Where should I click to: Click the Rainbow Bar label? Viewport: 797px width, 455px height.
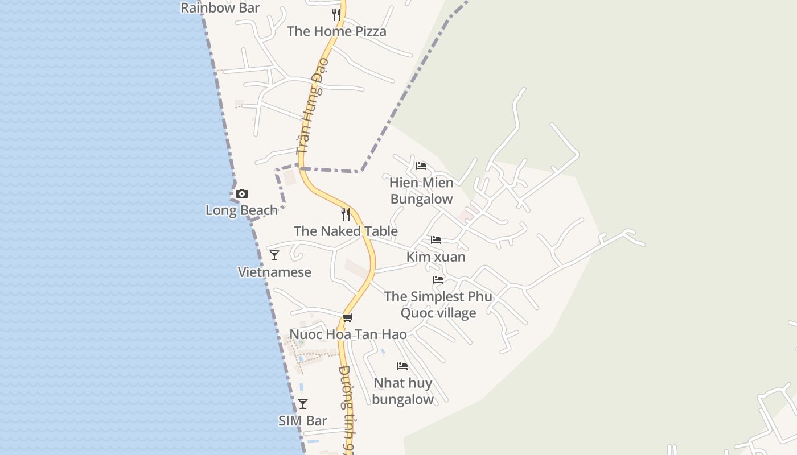220,8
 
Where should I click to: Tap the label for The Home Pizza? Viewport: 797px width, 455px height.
336,31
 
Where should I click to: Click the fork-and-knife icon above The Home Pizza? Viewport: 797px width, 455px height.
337,15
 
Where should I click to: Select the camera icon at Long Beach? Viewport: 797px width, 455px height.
242,194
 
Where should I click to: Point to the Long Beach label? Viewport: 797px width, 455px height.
241,210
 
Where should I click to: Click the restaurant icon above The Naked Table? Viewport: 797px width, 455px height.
346,214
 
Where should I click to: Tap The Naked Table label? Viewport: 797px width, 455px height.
346,231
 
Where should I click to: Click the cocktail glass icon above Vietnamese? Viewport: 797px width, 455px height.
274,255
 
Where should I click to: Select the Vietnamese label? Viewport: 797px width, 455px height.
274,272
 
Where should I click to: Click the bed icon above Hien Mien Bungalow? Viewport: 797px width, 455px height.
421,166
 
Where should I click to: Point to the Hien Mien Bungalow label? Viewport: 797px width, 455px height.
421,191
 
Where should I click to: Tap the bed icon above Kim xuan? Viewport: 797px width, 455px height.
436,240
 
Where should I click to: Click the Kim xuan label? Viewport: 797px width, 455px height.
436,257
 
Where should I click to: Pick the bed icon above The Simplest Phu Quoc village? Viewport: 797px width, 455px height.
438,280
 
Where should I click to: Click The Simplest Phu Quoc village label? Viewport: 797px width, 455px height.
438,305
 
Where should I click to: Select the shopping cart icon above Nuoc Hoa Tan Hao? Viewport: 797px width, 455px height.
348,317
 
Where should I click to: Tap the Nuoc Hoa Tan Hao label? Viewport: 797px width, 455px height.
348,334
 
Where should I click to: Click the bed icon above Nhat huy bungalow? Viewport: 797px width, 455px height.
402,366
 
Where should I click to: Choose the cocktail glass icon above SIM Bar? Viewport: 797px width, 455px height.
303,404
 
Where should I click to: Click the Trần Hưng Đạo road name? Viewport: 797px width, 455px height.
310,114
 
